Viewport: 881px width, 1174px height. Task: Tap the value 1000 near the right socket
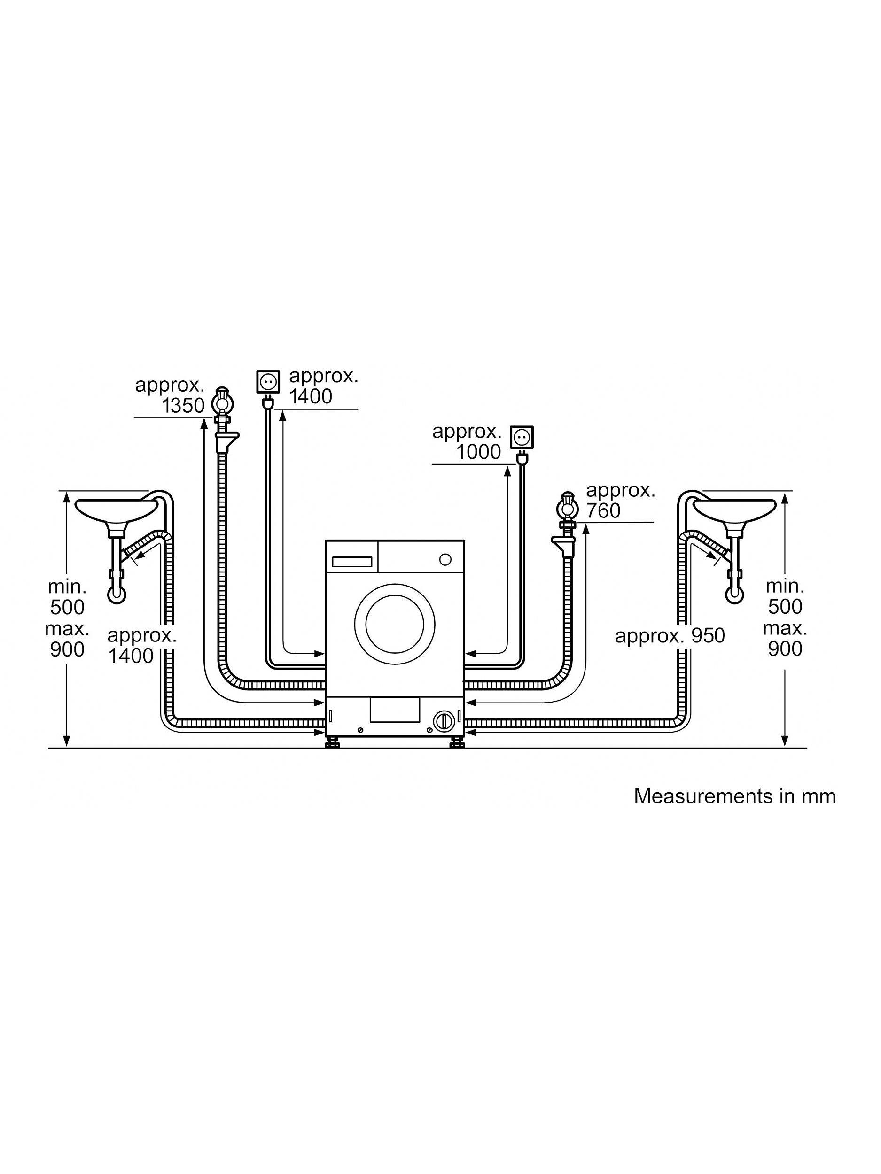coord(478,452)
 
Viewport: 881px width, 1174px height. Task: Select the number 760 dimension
coord(603,510)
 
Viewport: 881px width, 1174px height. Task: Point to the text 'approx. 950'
coord(670,635)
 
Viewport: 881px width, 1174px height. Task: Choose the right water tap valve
coord(567,507)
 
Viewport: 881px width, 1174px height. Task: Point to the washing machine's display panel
coord(351,560)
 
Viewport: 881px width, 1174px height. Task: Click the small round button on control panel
coord(445,559)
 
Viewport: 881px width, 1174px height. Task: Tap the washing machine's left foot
coord(333,742)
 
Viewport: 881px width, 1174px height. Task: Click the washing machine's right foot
coord(457,742)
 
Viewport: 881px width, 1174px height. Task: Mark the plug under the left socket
coord(269,404)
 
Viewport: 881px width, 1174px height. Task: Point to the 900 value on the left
coord(68,649)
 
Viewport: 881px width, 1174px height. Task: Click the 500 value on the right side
coord(785,607)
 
